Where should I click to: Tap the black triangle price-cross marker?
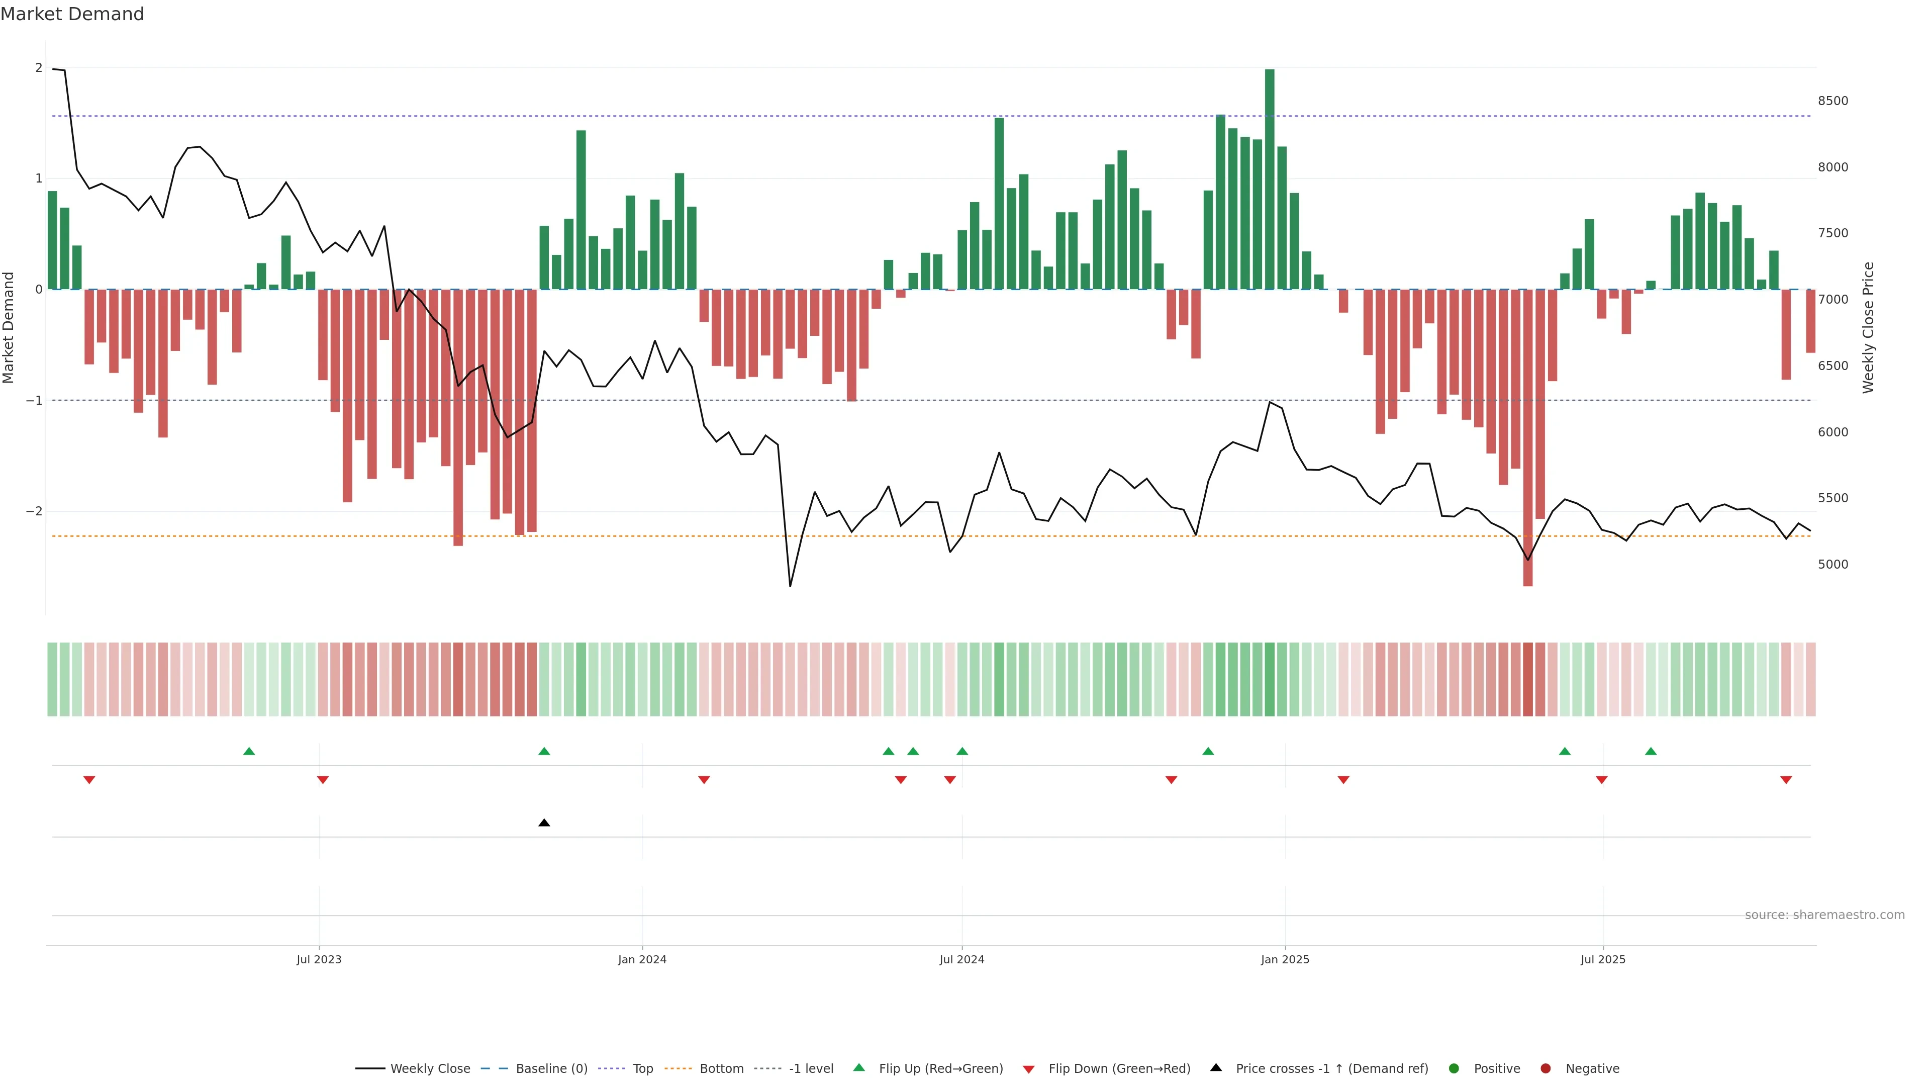(544, 823)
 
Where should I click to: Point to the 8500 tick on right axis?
(1832, 101)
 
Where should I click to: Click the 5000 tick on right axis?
(1832, 564)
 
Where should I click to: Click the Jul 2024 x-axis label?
(961, 959)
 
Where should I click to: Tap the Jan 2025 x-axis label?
(1285, 959)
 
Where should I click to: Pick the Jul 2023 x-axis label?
(319, 959)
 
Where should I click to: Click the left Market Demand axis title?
(9, 327)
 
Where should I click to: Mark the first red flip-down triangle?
(89, 780)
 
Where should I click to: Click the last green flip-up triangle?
(1651, 751)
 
